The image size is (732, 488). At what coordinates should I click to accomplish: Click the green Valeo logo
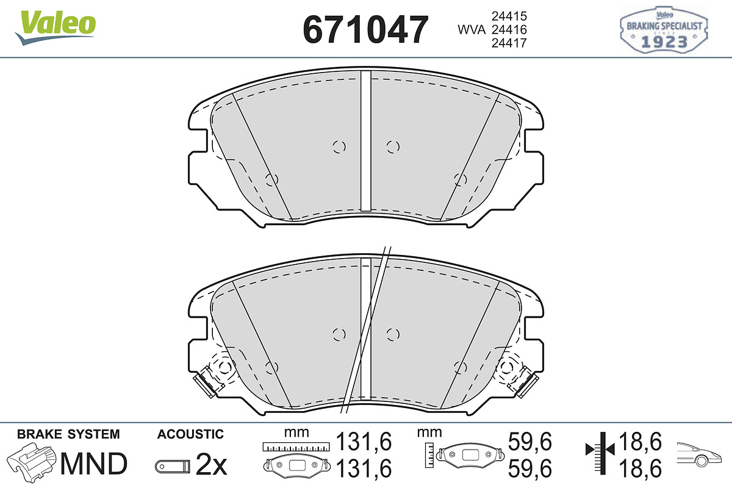[x=56, y=27]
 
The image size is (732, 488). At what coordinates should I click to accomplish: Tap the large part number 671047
[x=365, y=29]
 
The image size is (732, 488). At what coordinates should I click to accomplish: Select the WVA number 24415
[x=509, y=16]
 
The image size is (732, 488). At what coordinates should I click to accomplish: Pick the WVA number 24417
[x=509, y=43]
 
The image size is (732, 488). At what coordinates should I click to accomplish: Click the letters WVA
[x=472, y=30]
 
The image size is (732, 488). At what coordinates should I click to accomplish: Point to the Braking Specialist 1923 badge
[x=664, y=30]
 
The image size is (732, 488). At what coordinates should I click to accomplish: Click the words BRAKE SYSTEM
[x=68, y=434]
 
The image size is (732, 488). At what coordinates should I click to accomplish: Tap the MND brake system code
[x=94, y=464]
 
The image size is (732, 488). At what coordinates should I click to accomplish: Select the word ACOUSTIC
[x=190, y=434]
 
